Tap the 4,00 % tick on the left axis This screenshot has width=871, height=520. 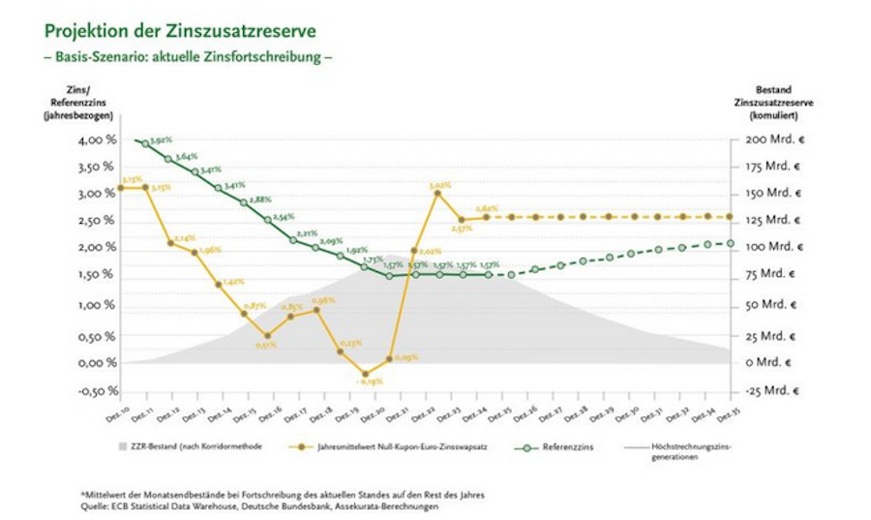pyautogui.click(x=96, y=140)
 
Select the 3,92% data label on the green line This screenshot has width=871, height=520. pyautogui.click(x=161, y=141)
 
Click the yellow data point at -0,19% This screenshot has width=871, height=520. pyautogui.click(x=365, y=374)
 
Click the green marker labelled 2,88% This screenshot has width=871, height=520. pyautogui.click(x=244, y=202)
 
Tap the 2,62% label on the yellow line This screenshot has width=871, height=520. pyautogui.click(x=487, y=208)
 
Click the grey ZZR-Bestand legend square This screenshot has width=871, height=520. pyautogui.click(x=122, y=448)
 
